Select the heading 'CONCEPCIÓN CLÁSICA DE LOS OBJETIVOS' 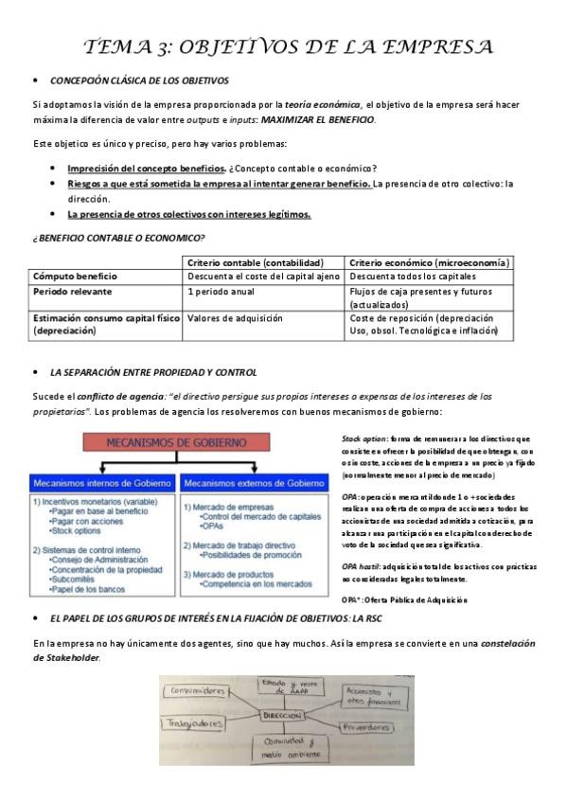pyautogui.click(x=139, y=81)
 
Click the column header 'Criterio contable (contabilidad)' pyautogui.click(x=256, y=262)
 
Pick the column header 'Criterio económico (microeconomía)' pyautogui.click(x=429, y=262)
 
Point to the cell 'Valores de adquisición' pyautogui.click(x=235, y=319)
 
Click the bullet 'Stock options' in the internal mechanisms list pyautogui.click(x=82, y=531)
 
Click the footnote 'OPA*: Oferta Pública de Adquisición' pyautogui.click(x=404, y=600)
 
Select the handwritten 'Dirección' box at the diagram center pyautogui.click(x=288, y=716)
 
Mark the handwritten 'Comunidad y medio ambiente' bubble pyautogui.click(x=286, y=758)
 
